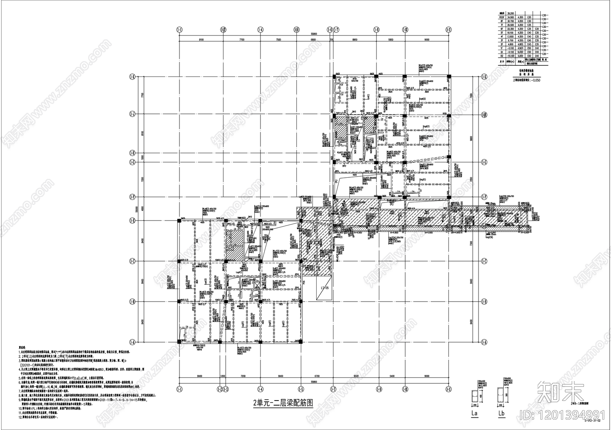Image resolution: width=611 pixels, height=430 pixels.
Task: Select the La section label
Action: tap(475, 413)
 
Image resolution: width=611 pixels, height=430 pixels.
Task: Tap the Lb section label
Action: tap(501, 413)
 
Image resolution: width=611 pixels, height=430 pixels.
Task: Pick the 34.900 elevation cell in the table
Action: tap(510, 17)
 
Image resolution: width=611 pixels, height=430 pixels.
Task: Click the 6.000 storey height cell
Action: tap(520, 52)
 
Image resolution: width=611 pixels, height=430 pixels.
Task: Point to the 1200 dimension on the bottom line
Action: tap(223, 376)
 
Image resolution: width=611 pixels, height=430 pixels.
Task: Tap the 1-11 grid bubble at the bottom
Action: tap(449, 389)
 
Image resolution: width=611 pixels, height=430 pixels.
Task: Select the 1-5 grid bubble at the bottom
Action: tap(301, 389)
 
